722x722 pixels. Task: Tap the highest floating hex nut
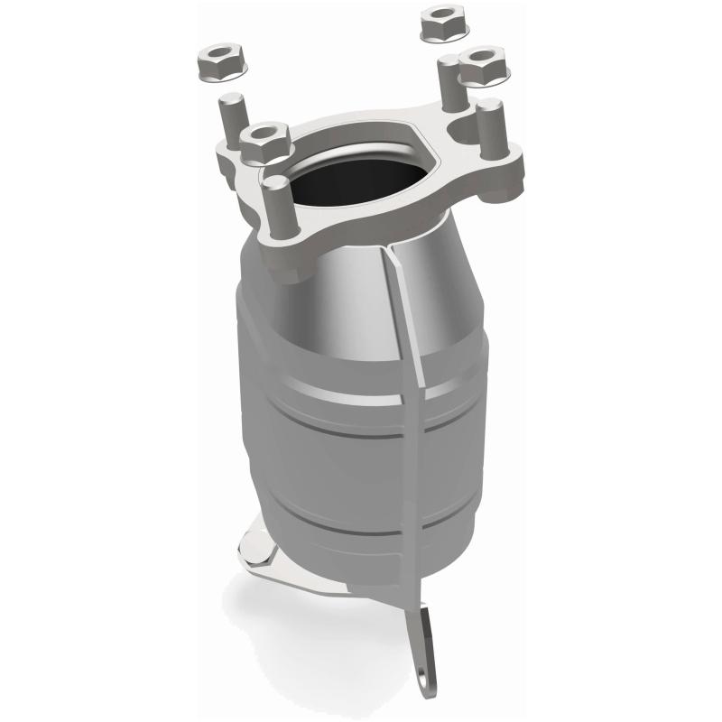point(441,23)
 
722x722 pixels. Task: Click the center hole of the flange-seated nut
point(263,136)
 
